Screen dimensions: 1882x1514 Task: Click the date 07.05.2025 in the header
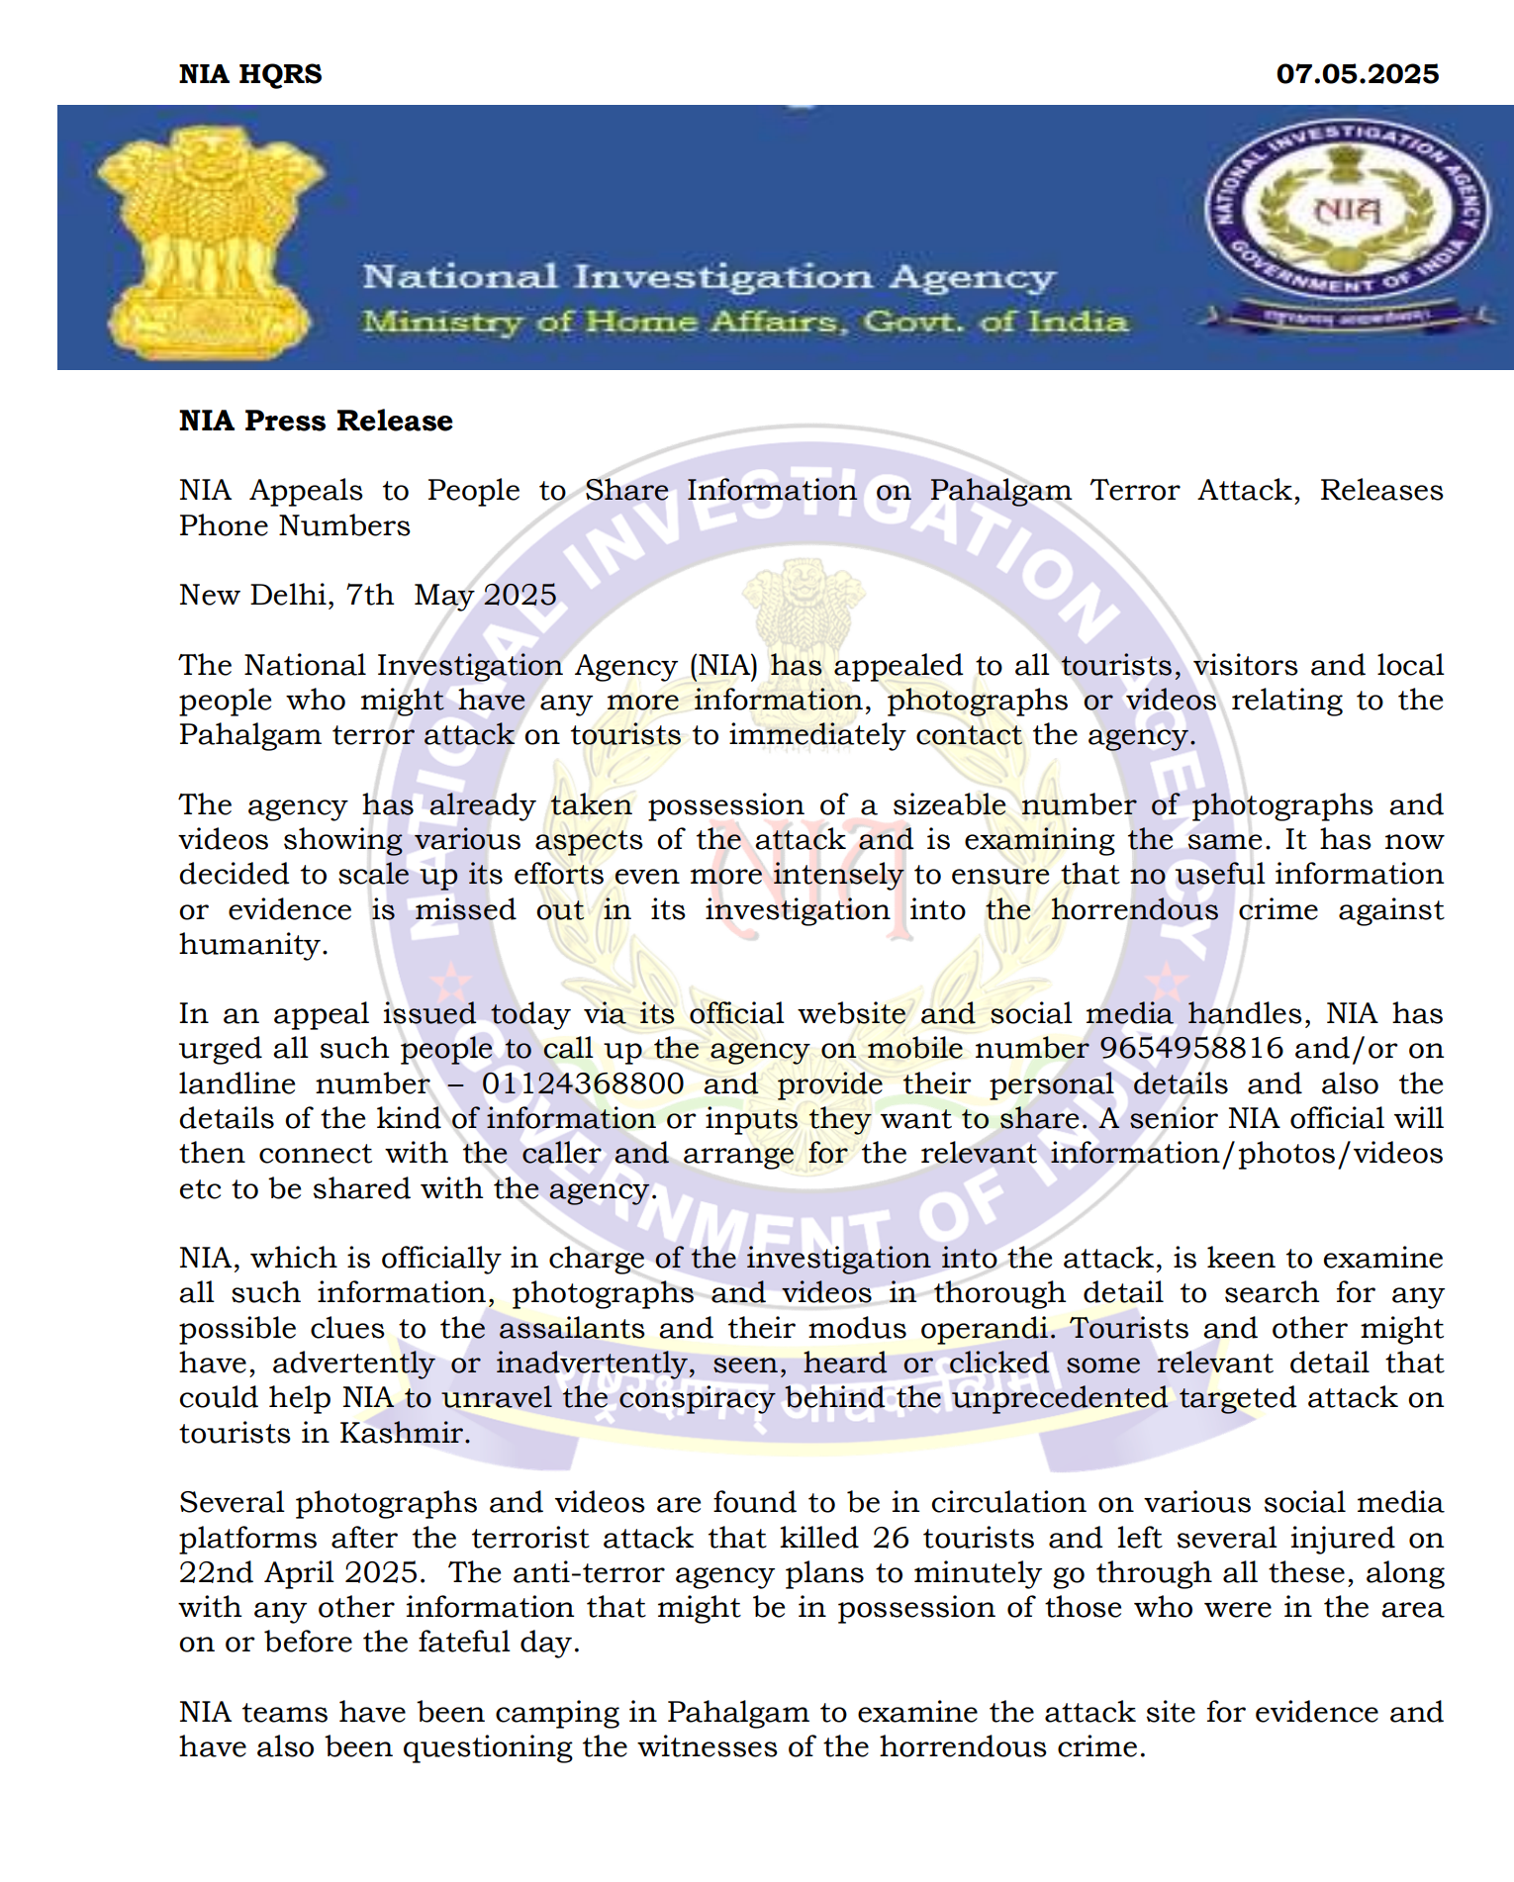pos(1357,74)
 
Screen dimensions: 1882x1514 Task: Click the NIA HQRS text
pos(250,74)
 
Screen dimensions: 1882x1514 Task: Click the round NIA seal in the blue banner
pos(1346,212)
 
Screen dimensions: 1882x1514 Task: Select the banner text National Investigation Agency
pos(709,277)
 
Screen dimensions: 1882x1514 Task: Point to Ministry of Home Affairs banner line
pos(744,322)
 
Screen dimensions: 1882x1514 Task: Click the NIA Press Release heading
pos(316,421)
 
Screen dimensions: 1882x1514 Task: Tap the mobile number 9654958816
pos(1191,1048)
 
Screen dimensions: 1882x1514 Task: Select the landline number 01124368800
pos(583,1083)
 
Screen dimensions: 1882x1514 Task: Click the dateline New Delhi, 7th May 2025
pos(368,595)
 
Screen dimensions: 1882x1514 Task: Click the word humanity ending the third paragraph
pos(252,944)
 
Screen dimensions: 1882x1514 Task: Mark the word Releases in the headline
pos(1381,490)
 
